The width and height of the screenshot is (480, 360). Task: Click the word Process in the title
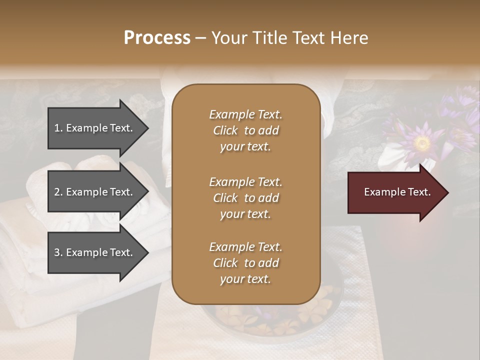pyautogui.click(x=157, y=38)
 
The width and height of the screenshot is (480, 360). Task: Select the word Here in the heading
pyautogui.click(x=348, y=38)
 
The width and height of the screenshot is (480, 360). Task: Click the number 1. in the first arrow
pyautogui.click(x=58, y=128)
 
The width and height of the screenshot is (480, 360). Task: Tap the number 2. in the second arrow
pyautogui.click(x=58, y=192)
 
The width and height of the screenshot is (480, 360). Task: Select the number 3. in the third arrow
pyautogui.click(x=58, y=252)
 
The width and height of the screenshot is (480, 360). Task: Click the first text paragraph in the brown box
pyautogui.click(x=245, y=130)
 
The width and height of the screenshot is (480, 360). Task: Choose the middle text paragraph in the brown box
pyautogui.click(x=245, y=198)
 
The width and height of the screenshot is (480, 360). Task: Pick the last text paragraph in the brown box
pyautogui.click(x=245, y=263)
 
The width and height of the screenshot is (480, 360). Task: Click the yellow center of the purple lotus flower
pyautogui.click(x=422, y=144)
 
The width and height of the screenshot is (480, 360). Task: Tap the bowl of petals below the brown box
pyautogui.click(x=270, y=320)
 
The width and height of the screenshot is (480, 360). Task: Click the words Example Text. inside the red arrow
pyautogui.click(x=397, y=192)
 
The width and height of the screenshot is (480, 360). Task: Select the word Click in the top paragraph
pyautogui.click(x=225, y=130)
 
